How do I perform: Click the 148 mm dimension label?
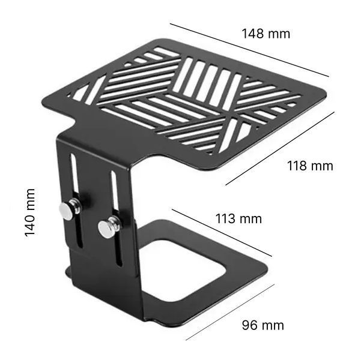[x=266, y=34]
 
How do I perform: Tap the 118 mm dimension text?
[x=310, y=166]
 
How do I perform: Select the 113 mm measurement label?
[x=238, y=218]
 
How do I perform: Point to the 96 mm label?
[x=263, y=325]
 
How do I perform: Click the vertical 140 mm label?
[x=30, y=212]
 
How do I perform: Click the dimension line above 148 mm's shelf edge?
[x=249, y=50]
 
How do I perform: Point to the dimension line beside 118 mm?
[x=280, y=148]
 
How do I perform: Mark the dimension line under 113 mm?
[x=222, y=233]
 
